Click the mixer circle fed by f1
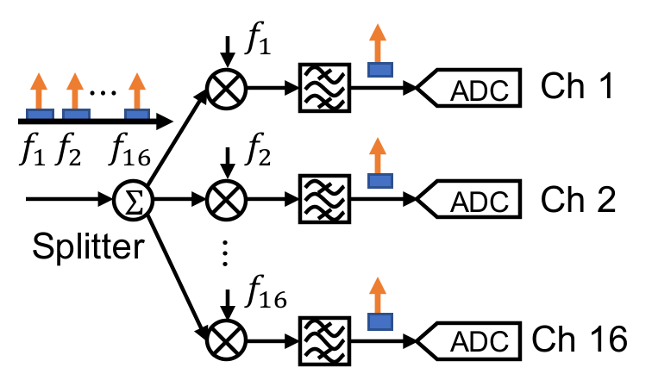point(227,87)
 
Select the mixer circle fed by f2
point(227,200)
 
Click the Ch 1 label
point(577,86)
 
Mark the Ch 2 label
point(577,200)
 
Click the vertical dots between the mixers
point(225,253)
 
